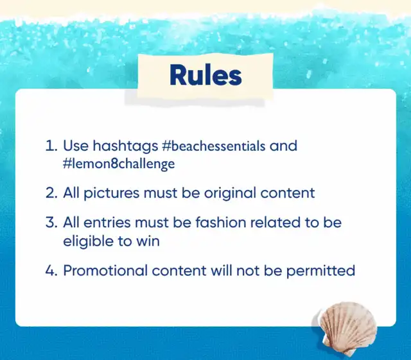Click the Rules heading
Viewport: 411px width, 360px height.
coord(205,76)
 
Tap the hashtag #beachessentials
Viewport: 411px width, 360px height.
coord(214,146)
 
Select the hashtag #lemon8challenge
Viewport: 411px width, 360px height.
coord(119,164)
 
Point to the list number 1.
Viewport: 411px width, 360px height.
coord(51,146)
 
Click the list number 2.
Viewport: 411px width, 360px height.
coord(51,193)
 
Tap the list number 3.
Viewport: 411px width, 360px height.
coord(51,223)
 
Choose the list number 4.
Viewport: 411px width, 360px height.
coord(51,271)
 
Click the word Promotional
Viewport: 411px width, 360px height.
coord(105,270)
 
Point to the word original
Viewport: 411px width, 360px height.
coord(230,194)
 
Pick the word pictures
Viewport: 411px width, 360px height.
coord(111,194)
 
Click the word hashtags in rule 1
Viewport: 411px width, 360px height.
coord(125,146)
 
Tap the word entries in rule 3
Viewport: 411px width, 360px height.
coord(107,223)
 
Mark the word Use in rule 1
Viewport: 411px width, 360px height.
coord(76,146)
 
